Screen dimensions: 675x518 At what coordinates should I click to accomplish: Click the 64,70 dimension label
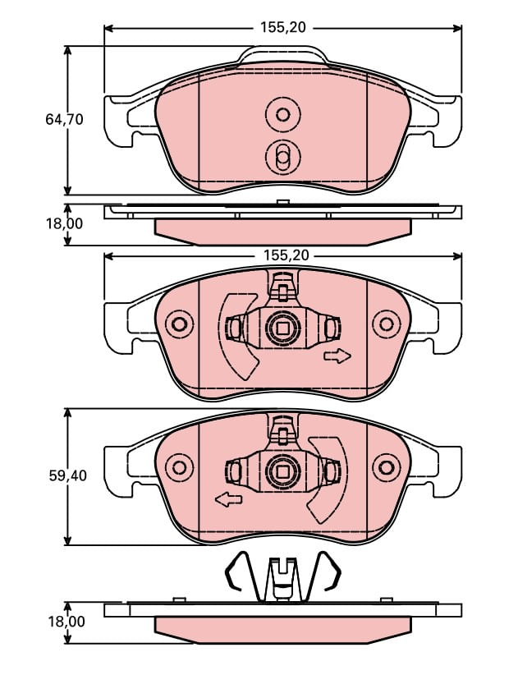point(65,119)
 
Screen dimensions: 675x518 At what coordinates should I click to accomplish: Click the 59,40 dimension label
point(65,474)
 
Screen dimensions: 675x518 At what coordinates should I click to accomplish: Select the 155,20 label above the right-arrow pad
point(286,255)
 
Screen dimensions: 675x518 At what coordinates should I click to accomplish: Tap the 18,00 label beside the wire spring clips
point(65,622)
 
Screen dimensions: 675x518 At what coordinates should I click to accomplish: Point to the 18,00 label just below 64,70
point(65,223)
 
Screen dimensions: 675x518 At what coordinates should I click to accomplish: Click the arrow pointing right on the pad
point(337,356)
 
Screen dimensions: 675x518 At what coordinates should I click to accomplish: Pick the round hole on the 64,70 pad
point(283,114)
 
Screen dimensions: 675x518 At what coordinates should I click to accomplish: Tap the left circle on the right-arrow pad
point(178,324)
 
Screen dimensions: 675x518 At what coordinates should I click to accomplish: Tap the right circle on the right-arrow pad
point(384,324)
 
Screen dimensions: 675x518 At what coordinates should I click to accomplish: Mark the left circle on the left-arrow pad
point(178,467)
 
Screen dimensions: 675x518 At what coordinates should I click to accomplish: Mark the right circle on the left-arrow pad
point(384,467)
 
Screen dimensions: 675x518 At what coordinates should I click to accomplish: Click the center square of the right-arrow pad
point(282,328)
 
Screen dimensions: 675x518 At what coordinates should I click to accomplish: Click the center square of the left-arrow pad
point(282,471)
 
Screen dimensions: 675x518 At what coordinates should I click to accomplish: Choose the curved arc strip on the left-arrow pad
point(332,480)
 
